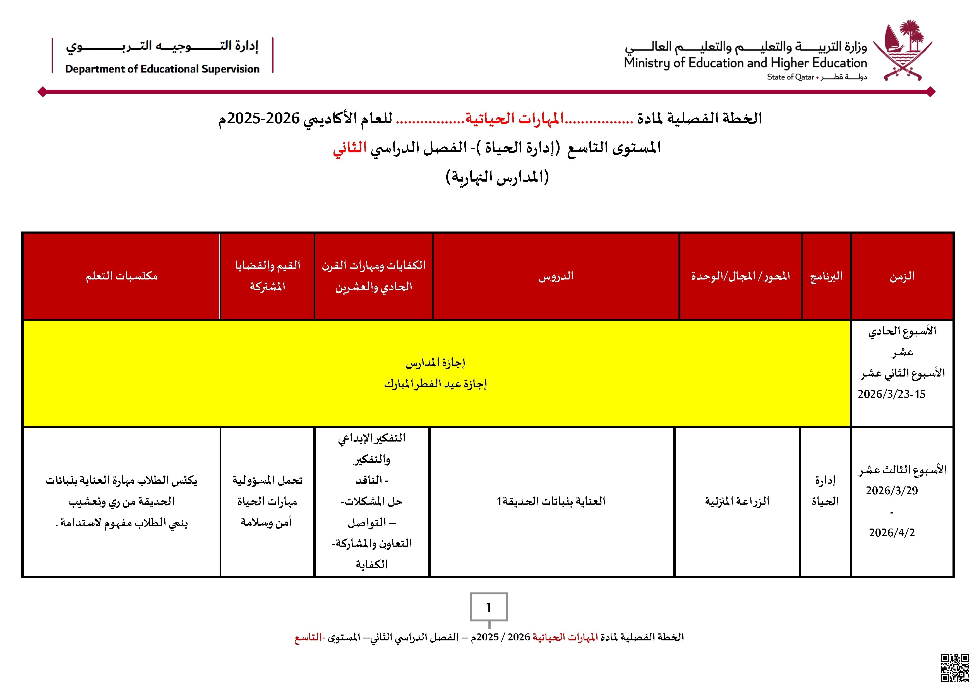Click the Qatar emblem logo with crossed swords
[x=903, y=50]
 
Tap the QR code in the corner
[x=955, y=668]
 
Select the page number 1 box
[x=489, y=607]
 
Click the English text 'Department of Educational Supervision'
[x=162, y=69]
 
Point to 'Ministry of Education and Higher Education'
[x=745, y=63]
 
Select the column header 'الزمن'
[x=902, y=276]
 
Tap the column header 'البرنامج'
[x=826, y=276]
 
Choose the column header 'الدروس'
[x=556, y=276]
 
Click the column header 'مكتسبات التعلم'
[x=121, y=276]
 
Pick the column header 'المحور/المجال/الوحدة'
[x=741, y=276]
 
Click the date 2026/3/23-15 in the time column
[x=892, y=394]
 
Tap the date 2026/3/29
[x=892, y=490]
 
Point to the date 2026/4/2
[x=892, y=533]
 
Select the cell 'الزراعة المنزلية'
[x=737, y=501]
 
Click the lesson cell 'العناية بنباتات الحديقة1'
[x=551, y=501]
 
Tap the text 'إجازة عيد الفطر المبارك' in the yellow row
[x=435, y=384]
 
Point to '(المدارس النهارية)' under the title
[x=497, y=177]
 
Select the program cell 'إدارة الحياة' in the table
[x=825, y=491]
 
